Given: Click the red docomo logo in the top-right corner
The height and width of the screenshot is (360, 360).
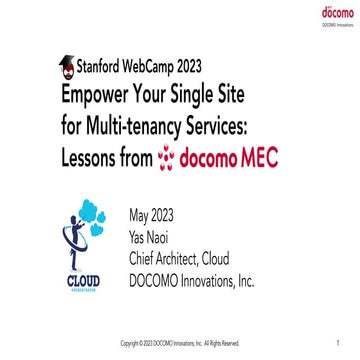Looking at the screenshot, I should pyautogui.click(x=331, y=13).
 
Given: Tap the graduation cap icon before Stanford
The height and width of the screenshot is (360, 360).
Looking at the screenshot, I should pyautogui.click(x=67, y=67).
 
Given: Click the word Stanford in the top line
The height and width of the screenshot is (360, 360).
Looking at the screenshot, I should pyautogui.click(x=99, y=68).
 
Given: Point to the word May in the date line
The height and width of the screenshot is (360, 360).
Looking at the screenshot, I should pyautogui.click(x=143, y=215).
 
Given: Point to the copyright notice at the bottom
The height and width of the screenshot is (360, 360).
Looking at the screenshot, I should pyautogui.click(x=180, y=343).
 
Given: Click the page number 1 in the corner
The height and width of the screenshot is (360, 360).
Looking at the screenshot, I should pyautogui.click(x=341, y=342).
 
